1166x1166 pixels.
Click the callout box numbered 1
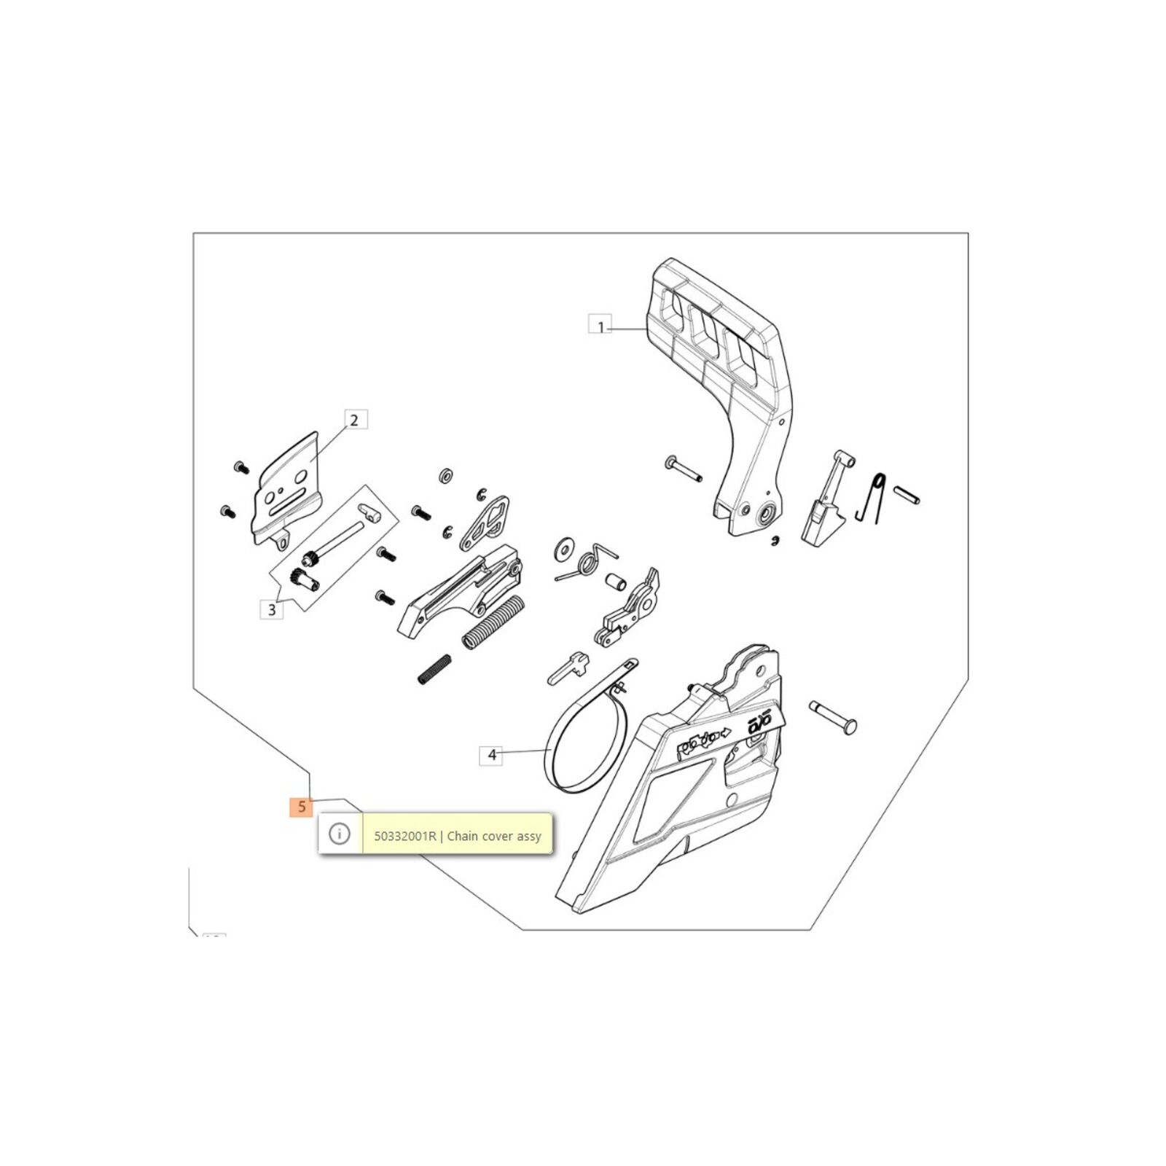point(600,325)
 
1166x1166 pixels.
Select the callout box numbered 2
point(354,420)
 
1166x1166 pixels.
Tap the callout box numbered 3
point(272,609)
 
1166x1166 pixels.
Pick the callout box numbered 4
point(491,755)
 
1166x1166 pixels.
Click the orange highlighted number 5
point(301,807)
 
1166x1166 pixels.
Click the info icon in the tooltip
point(340,834)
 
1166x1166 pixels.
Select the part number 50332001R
point(405,836)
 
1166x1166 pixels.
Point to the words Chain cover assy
point(494,836)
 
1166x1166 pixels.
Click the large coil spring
point(494,624)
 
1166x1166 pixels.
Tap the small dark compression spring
point(434,669)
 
